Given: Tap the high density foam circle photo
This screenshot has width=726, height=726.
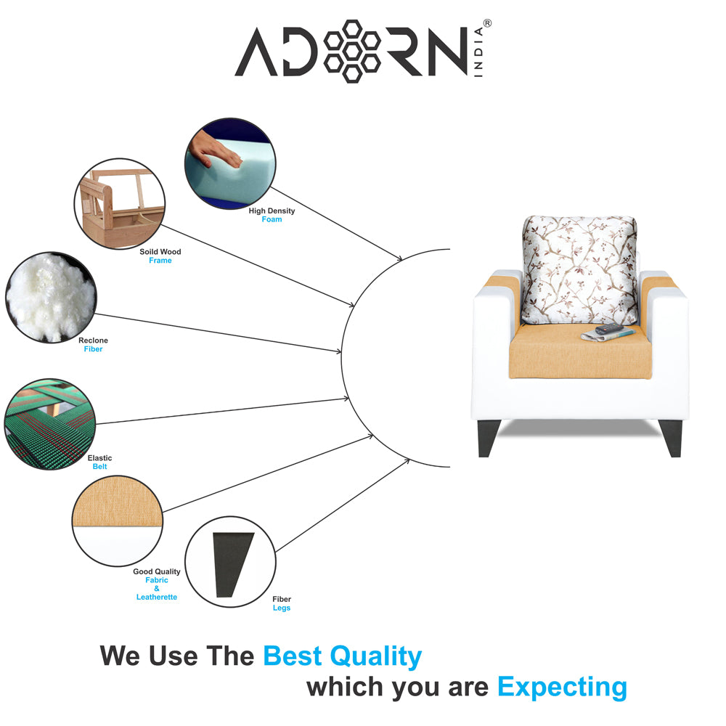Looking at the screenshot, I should point(230,164).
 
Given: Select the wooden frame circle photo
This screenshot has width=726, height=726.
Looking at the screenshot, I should point(119,204).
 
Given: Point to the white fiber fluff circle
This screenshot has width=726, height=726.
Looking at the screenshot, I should point(50,297).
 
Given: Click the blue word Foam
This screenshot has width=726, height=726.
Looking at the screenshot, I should point(272,219).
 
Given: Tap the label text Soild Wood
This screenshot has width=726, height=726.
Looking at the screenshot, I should point(160,252).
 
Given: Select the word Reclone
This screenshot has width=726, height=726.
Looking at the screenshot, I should point(93,340).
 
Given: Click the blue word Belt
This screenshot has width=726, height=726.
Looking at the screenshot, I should point(99,467).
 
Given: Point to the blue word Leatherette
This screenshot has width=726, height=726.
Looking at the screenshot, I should point(157,597).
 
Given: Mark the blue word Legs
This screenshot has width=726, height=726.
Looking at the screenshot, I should point(282,608).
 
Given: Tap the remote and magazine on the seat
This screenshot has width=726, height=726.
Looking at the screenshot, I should point(608,333).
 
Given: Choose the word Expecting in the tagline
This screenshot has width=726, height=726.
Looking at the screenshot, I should point(562,686).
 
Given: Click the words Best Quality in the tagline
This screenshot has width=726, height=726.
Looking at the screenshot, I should point(342,656).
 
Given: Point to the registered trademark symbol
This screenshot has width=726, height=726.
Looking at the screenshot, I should point(487,23).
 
